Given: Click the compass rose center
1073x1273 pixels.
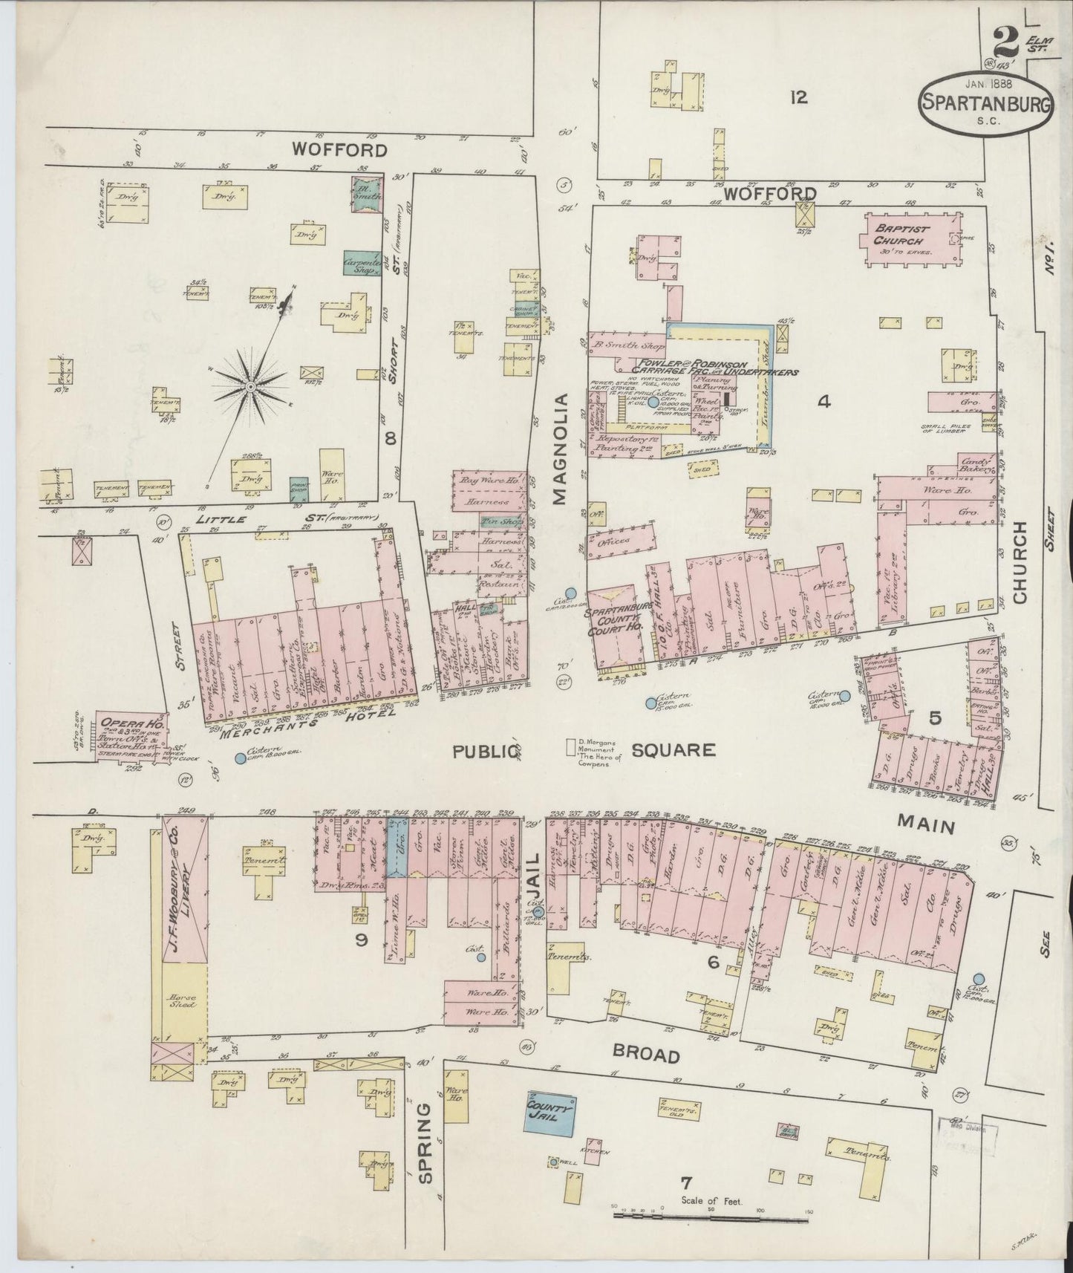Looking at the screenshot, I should tap(251, 386).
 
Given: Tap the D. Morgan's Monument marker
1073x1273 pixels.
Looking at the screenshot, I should tap(571, 745).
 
